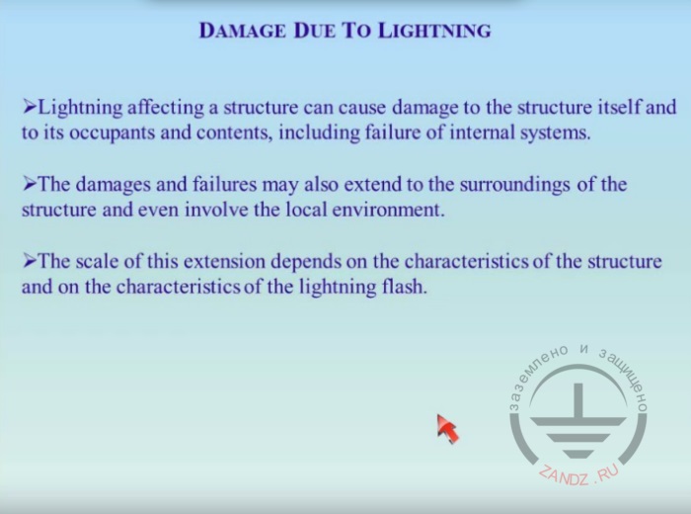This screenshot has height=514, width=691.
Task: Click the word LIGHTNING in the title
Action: click(434, 31)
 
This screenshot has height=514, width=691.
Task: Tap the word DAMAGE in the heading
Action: click(243, 31)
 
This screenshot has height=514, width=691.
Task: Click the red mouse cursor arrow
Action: click(448, 429)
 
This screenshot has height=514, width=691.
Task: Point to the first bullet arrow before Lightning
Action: click(30, 107)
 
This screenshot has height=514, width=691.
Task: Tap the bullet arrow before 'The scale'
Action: click(30, 261)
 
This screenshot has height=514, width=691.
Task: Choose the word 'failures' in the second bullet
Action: click(225, 184)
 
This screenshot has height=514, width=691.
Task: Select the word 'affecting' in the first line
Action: click(166, 108)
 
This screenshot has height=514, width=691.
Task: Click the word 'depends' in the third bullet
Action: click(306, 263)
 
